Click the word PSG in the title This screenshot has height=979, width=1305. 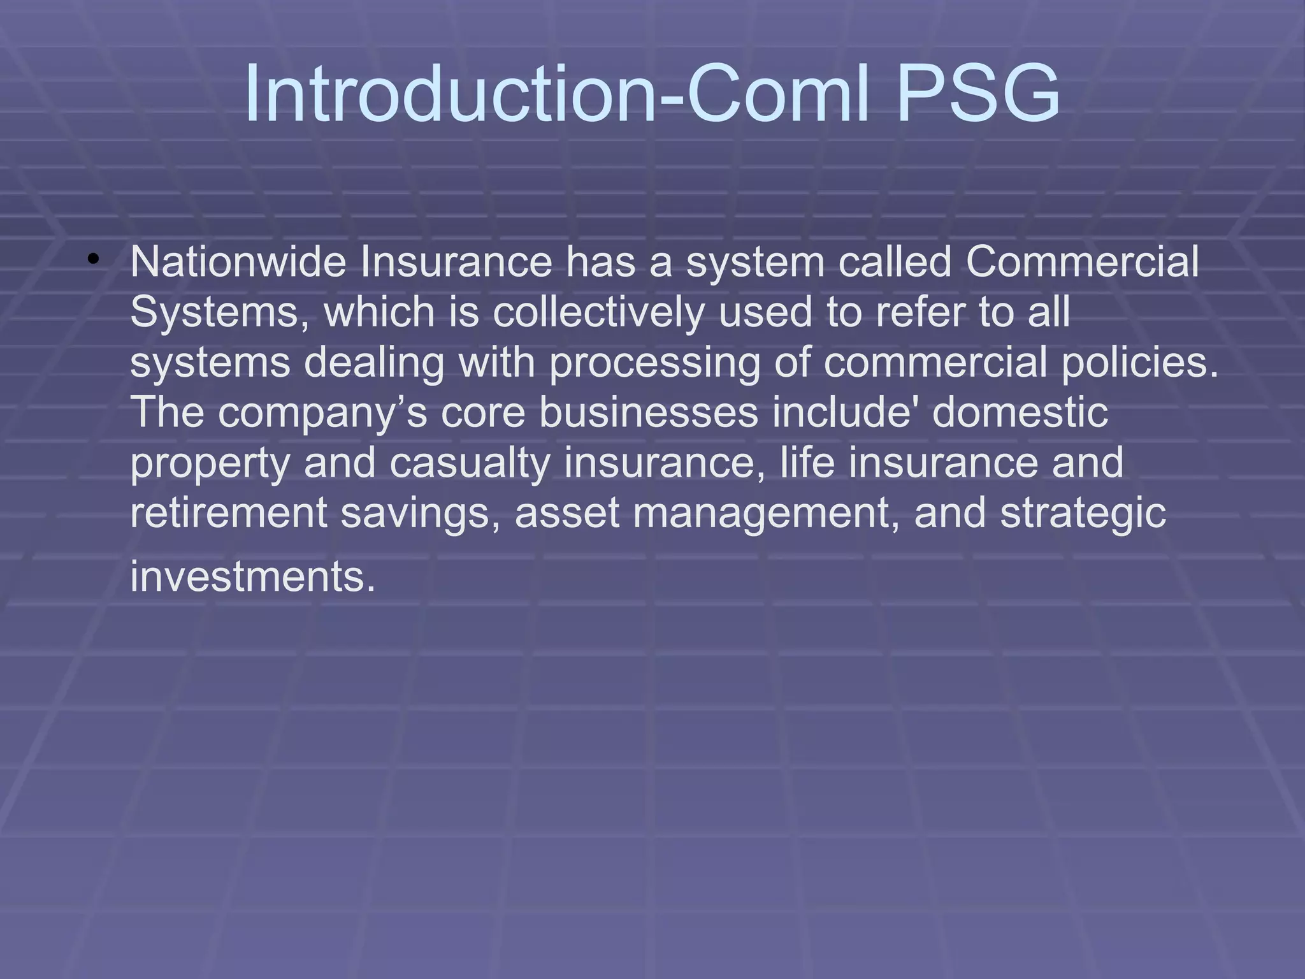point(977,94)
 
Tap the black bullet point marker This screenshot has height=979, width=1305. point(94,259)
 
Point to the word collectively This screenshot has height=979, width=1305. point(598,312)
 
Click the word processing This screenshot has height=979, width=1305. point(654,363)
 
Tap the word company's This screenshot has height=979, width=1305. point(322,413)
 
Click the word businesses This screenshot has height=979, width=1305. point(648,412)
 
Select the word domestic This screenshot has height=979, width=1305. point(1020,412)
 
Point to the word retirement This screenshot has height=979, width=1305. point(228,512)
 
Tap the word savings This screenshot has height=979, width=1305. point(420,514)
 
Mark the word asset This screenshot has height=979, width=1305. point(566,514)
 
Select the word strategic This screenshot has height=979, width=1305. point(1083,514)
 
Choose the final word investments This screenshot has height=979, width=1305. point(252,576)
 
